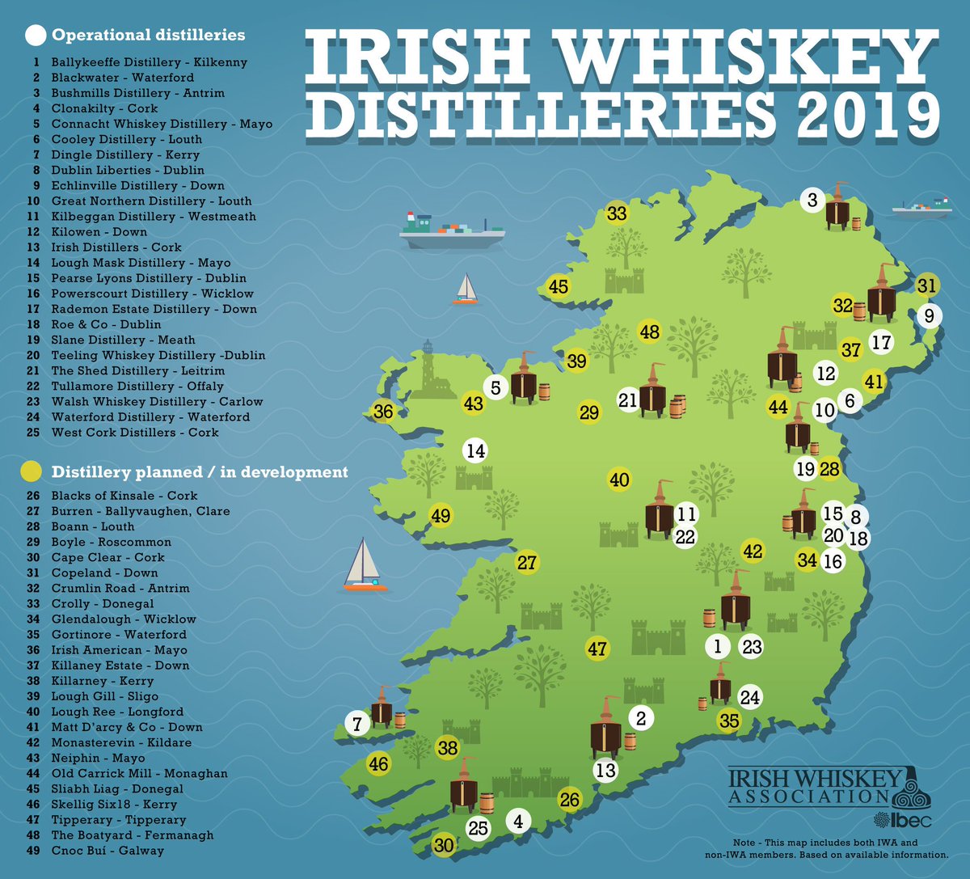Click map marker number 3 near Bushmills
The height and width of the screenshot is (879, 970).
point(812,199)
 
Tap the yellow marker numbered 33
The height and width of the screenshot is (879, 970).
point(617,213)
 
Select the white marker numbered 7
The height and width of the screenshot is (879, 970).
point(357,723)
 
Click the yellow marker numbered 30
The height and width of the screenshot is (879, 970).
point(444,846)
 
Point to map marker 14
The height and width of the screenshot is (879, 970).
point(476,450)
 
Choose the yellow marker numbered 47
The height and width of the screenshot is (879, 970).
point(597,649)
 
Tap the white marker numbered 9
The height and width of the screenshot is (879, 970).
point(929,315)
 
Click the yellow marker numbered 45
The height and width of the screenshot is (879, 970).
point(558,286)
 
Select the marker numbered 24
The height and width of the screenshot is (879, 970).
point(750,697)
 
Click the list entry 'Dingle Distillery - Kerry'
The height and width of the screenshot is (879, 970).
point(125,154)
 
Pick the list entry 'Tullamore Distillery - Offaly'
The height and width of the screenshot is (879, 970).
point(137,386)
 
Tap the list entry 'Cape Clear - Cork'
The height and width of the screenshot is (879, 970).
point(108,557)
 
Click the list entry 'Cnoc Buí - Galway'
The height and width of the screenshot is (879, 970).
point(108,850)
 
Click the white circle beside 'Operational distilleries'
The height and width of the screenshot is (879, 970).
point(36,36)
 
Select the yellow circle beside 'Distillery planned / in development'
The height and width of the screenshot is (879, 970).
point(32,471)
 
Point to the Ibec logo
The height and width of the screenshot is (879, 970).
point(911,820)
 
